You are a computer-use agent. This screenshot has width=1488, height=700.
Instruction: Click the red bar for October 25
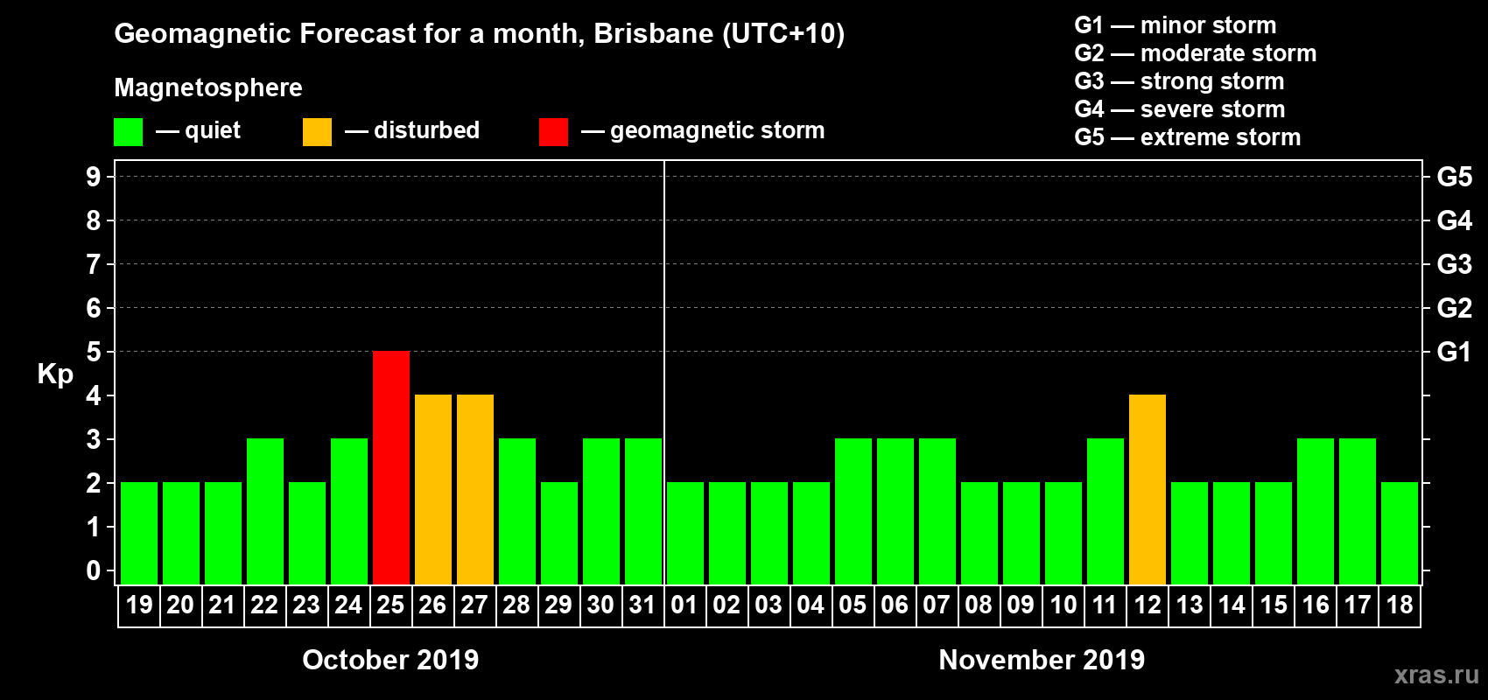click(391, 467)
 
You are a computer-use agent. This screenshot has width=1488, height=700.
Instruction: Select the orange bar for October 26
click(433, 489)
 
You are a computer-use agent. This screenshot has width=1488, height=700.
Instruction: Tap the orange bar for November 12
click(1148, 489)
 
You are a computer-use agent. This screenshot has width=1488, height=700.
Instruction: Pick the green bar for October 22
click(265, 511)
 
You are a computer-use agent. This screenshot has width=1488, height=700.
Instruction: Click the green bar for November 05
click(853, 511)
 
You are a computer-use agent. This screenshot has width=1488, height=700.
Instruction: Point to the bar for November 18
click(1400, 533)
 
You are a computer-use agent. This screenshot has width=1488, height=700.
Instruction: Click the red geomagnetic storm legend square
click(553, 132)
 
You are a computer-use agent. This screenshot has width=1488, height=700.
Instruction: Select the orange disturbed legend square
click(317, 132)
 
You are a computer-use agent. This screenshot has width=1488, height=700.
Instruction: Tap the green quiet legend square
click(129, 132)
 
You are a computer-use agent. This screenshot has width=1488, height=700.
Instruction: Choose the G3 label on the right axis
click(1454, 264)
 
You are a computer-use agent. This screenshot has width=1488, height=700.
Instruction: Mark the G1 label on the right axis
click(1454, 352)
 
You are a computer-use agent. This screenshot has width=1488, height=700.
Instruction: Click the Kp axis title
click(55, 374)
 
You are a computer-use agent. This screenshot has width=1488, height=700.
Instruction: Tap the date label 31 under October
click(642, 605)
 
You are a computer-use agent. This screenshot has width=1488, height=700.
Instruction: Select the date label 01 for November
click(684, 605)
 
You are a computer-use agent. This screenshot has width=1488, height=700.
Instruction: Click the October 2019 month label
click(390, 660)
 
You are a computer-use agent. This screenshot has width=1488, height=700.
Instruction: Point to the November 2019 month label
click(1042, 660)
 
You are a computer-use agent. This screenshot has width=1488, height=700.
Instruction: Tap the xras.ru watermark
click(1436, 675)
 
